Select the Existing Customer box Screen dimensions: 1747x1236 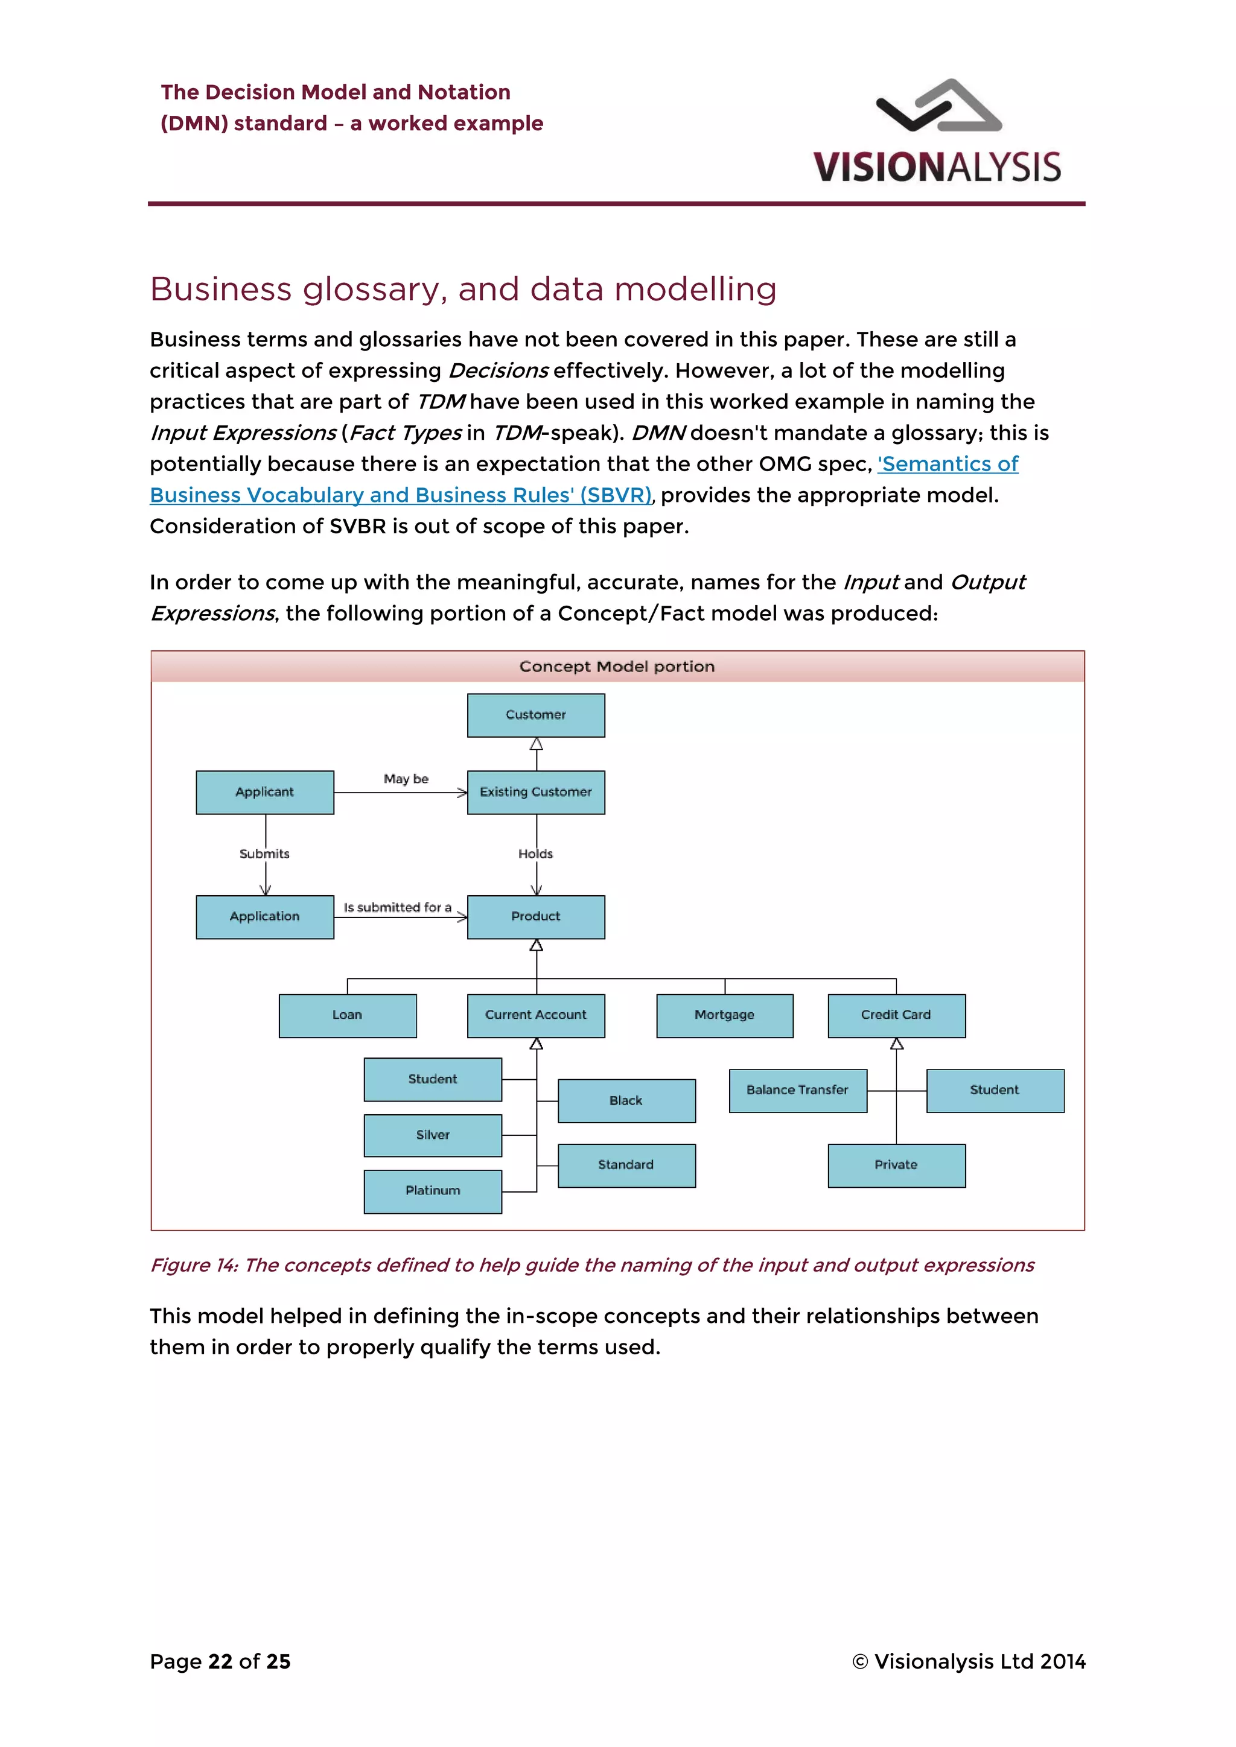click(x=536, y=792)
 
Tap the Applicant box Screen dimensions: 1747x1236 click(x=265, y=792)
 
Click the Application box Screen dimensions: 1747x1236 click(x=265, y=917)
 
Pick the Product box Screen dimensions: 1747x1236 click(x=536, y=917)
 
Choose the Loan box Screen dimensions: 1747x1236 click(x=347, y=1015)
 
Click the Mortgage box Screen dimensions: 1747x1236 click(x=725, y=1015)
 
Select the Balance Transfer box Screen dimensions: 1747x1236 click(x=798, y=1090)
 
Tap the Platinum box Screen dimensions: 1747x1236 click(x=432, y=1191)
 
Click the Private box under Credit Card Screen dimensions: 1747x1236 click(x=897, y=1165)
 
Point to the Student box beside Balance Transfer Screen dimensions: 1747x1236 click(x=995, y=1090)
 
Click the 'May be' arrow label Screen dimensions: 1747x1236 click(x=406, y=778)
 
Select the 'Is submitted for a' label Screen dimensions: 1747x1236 click(x=397, y=907)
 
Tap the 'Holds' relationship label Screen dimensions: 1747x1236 click(x=536, y=854)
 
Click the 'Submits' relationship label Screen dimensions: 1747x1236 click(x=265, y=854)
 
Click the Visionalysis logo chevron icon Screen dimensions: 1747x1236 click(x=938, y=107)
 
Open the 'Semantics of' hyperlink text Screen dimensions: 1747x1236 click(x=948, y=464)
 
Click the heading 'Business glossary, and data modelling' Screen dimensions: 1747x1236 click(x=463, y=289)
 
